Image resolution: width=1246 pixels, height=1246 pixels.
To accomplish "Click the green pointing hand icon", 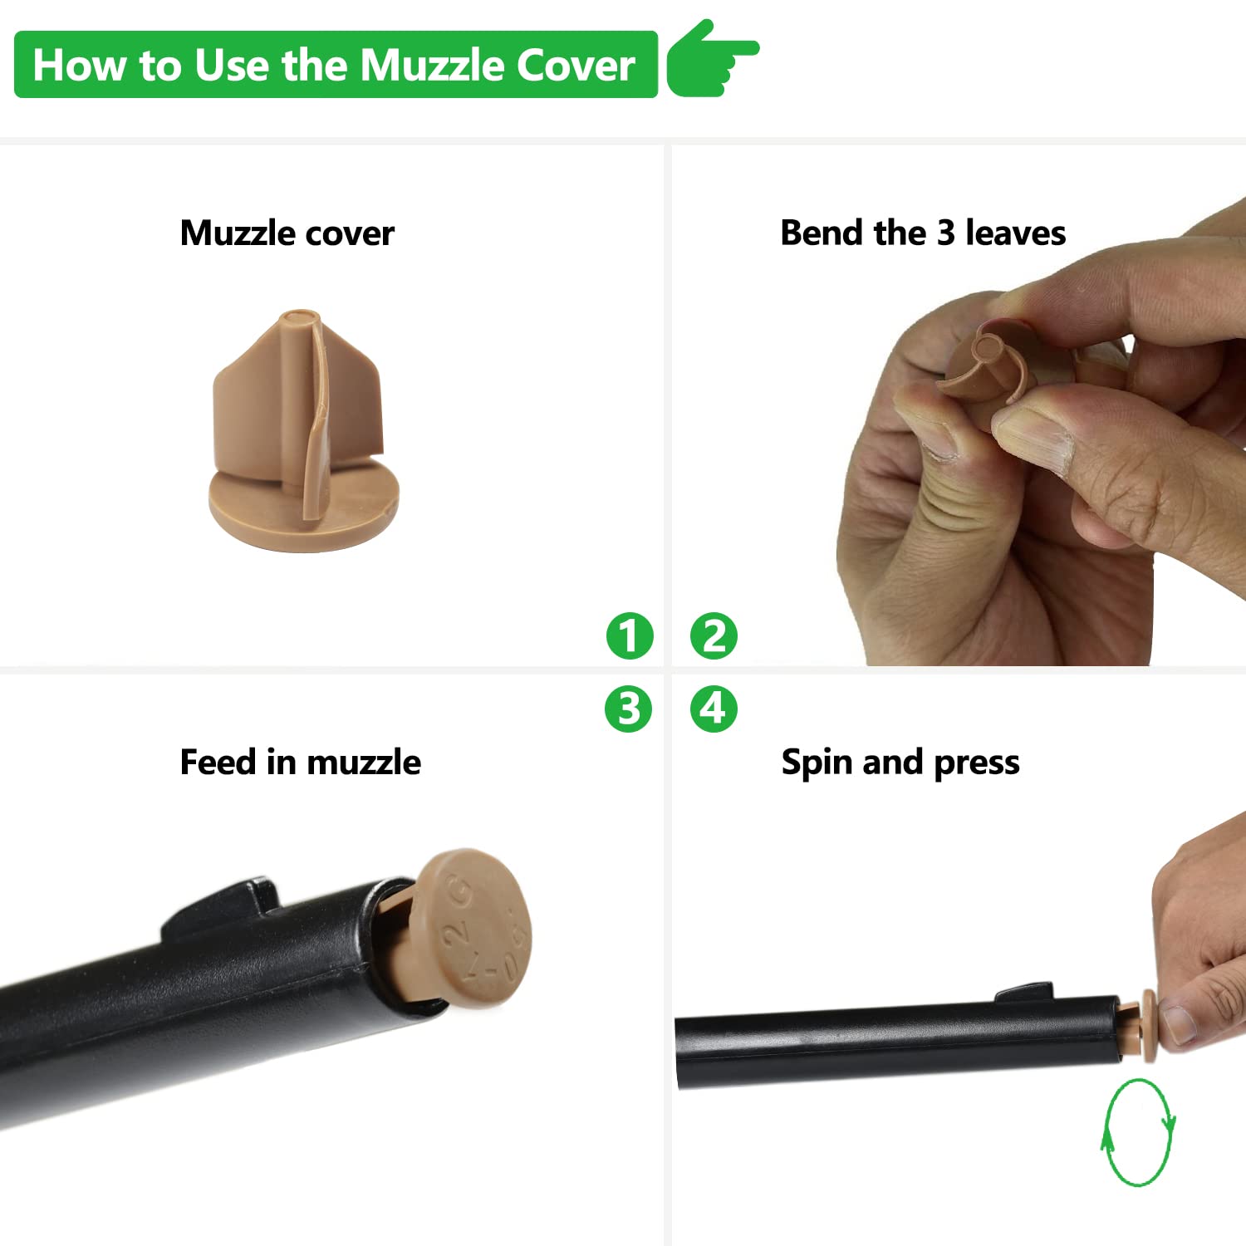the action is point(712,58).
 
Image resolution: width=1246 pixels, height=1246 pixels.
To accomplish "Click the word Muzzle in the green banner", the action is point(431,65).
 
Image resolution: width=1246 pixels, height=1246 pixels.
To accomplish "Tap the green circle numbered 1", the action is point(630,636).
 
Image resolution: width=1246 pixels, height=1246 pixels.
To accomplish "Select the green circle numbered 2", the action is point(714,636).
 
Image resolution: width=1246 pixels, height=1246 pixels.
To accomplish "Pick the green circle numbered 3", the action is point(629,709).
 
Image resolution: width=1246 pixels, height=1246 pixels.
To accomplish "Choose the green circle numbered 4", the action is point(714,709).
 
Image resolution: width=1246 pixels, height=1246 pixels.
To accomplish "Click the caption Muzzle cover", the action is point(287,233).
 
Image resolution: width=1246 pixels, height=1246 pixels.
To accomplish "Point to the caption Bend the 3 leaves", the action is point(923,233).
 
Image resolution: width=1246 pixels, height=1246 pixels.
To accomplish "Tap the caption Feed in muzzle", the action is point(301,763).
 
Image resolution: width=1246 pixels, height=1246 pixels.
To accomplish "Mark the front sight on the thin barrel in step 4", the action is point(1026,992).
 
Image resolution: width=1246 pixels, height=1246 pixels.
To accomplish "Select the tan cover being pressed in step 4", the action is point(1143,1026).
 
